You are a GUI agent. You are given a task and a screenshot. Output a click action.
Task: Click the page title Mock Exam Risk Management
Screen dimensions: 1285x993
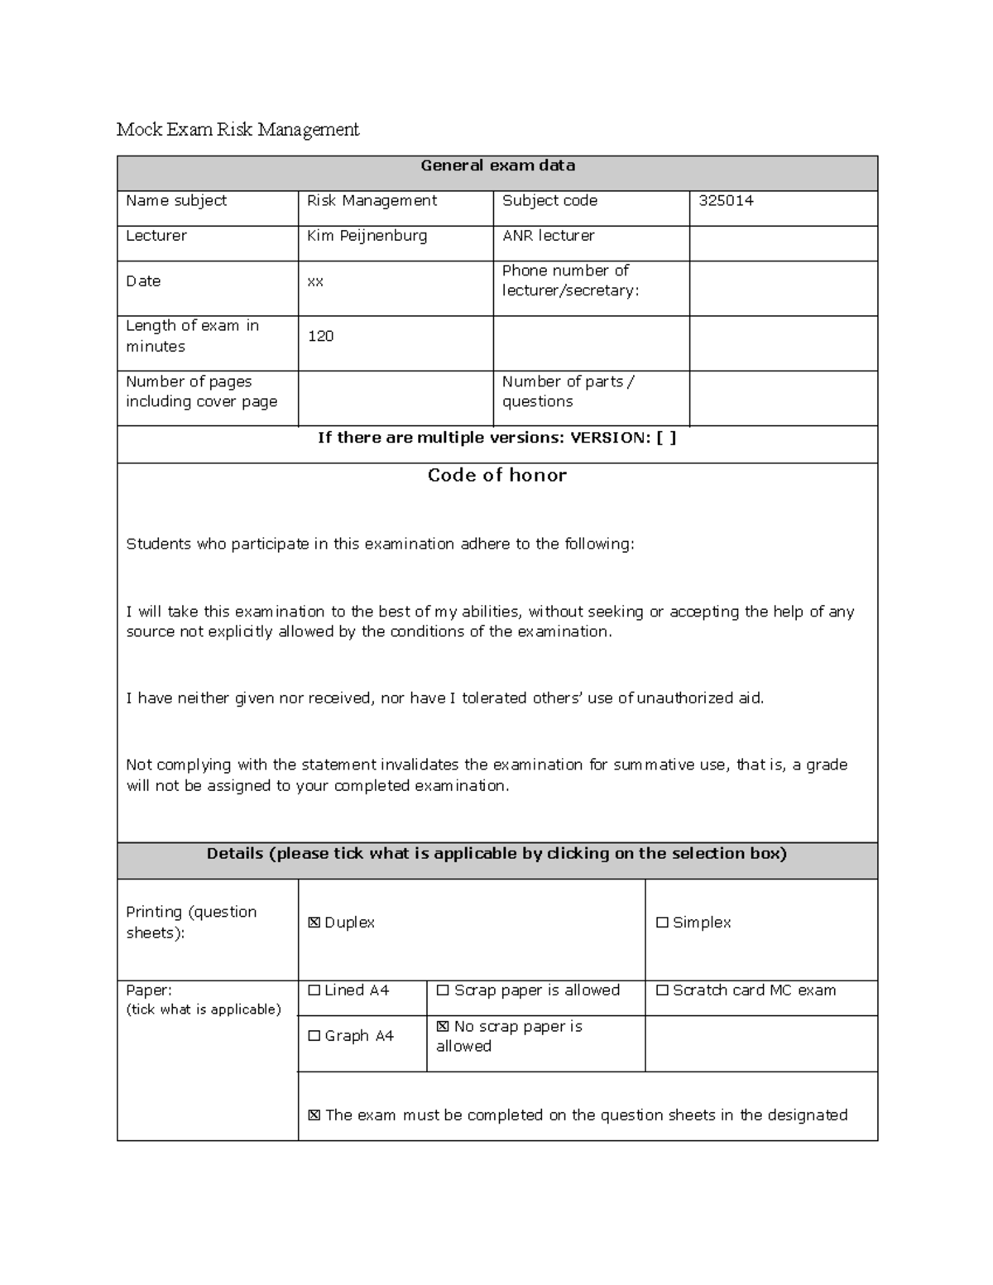point(237,130)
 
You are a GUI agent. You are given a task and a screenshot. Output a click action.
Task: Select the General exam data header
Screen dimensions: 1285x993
point(497,165)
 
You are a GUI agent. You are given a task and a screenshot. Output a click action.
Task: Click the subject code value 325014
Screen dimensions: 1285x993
point(726,201)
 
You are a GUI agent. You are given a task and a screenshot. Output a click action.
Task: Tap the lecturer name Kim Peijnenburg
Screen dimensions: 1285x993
point(367,236)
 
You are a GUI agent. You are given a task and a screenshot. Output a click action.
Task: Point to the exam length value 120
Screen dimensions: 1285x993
point(320,336)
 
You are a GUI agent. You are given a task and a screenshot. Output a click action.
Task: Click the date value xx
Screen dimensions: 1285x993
point(315,281)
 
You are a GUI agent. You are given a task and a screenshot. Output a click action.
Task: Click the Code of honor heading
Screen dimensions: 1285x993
point(496,475)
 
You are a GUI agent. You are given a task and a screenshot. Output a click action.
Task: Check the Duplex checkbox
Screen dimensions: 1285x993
point(314,923)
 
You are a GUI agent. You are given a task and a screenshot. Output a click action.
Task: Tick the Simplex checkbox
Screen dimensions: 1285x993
point(662,923)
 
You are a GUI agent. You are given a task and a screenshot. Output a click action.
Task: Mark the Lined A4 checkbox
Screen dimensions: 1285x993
point(314,990)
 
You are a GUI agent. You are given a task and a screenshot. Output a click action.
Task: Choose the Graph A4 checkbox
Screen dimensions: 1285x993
point(314,1036)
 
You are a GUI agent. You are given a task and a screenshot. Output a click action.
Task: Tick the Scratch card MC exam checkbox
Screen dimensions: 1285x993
point(662,990)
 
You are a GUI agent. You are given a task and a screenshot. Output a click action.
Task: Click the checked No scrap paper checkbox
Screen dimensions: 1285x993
point(443,1027)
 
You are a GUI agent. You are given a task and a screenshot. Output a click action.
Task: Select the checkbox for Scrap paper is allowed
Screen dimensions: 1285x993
point(443,990)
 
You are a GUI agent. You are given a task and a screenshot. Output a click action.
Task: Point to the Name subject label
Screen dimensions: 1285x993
point(175,201)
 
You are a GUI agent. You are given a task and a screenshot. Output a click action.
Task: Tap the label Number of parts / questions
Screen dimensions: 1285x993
point(568,391)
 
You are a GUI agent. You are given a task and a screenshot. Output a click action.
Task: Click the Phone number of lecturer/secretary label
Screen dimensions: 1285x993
point(570,280)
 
